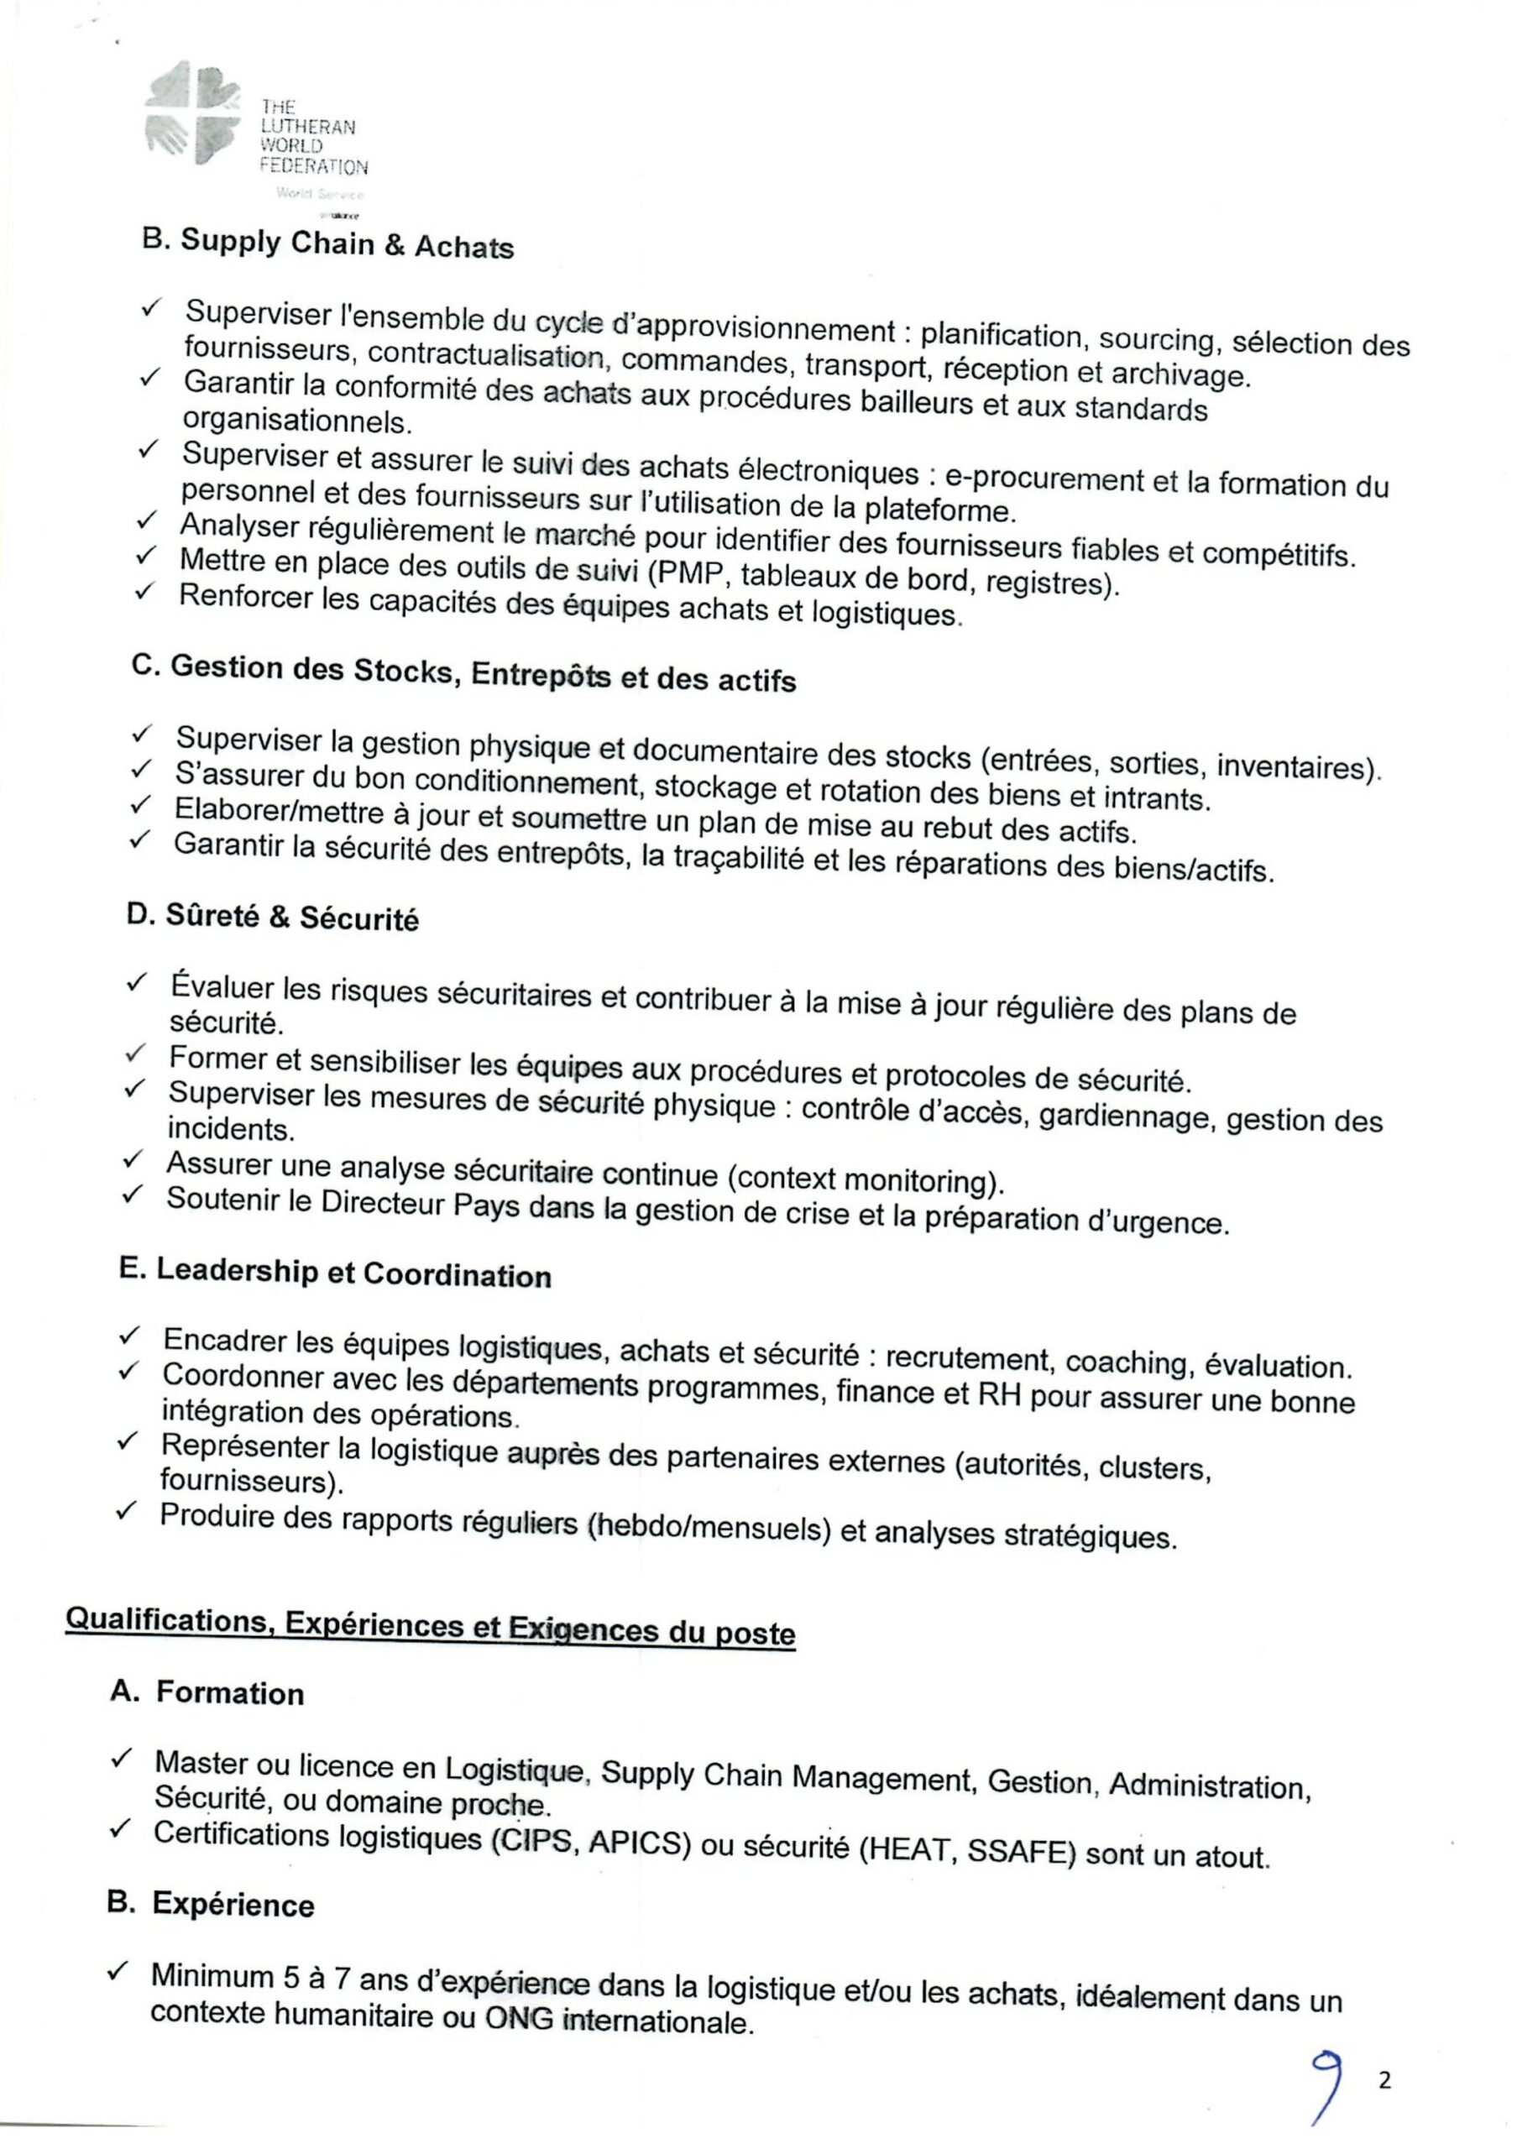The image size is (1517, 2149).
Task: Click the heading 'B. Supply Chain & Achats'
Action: coord(327,244)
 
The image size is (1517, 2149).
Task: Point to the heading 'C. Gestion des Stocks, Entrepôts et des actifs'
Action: coord(464,672)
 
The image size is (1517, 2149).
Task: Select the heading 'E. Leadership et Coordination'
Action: coord(335,1273)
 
